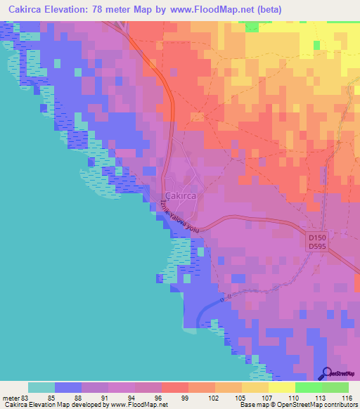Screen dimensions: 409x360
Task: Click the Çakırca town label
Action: pos(180,196)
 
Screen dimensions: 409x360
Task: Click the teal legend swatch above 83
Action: pos(41,387)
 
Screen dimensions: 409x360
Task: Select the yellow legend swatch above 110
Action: pos(281,387)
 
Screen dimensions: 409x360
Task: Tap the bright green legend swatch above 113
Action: pos(308,387)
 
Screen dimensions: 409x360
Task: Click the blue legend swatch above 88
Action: pos(68,387)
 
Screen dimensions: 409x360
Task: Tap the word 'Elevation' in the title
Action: pos(73,9)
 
